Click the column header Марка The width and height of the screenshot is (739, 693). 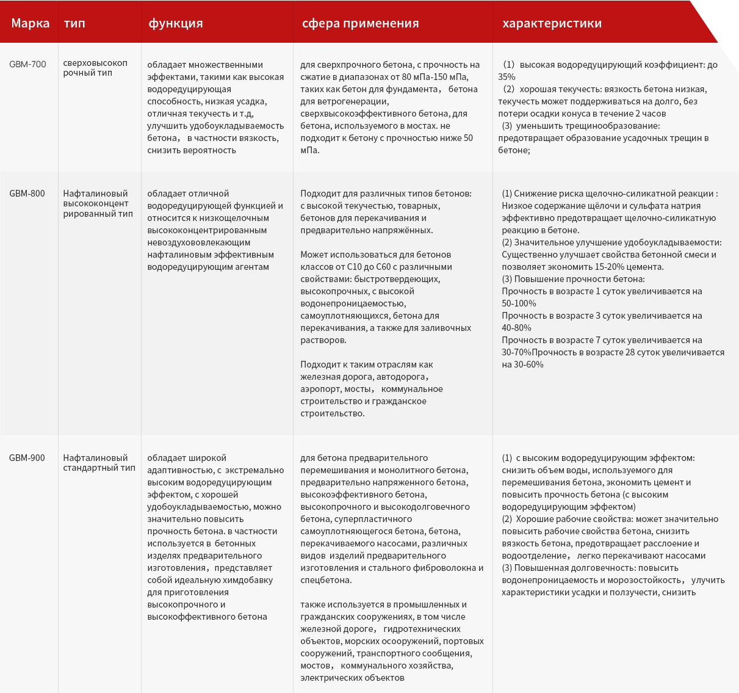point(30,23)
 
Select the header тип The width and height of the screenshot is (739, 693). point(74,23)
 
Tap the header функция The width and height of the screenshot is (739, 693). point(176,23)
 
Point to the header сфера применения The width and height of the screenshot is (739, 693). point(360,23)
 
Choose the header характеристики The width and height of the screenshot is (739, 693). point(552,23)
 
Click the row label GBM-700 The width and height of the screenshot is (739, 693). point(27,64)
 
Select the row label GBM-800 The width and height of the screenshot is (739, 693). point(27,194)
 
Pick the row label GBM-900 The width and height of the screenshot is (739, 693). point(27,458)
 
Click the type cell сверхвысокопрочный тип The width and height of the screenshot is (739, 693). point(95,68)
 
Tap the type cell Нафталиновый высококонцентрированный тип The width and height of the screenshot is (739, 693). point(98,203)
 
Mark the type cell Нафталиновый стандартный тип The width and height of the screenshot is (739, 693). point(99,463)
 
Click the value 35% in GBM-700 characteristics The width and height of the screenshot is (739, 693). point(506,77)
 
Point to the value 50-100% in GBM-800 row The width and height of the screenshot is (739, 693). point(519,303)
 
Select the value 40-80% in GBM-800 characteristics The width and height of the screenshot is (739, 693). point(516,328)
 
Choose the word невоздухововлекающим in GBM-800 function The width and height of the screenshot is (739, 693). point(193,242)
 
